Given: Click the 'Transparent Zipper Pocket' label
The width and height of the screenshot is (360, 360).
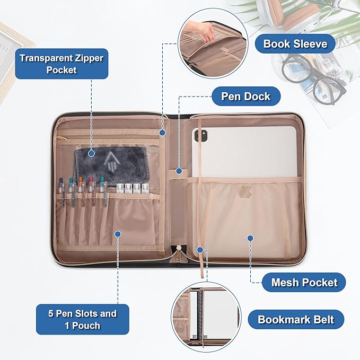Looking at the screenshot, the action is point(62,64).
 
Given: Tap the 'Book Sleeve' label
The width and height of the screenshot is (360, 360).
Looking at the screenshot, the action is point(295,43).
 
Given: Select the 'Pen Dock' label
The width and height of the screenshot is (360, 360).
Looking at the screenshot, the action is point(246,96).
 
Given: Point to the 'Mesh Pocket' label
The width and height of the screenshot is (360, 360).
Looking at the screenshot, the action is point(304,282).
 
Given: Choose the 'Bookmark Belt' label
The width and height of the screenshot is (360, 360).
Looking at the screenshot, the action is point(296,319).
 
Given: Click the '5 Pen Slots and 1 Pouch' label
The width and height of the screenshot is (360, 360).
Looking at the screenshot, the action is point(82,319).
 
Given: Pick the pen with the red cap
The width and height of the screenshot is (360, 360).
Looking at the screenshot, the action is point(92,190).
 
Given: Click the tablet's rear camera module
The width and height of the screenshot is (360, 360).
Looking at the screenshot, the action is point(201,136).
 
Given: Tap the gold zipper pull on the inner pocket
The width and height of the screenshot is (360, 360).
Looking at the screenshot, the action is point(62,138).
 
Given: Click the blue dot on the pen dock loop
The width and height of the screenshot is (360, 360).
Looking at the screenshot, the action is point(179,171).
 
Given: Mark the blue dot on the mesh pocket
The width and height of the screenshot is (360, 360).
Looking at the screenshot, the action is point(250,238).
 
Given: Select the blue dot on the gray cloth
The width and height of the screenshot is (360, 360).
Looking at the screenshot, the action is point(91,153).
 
